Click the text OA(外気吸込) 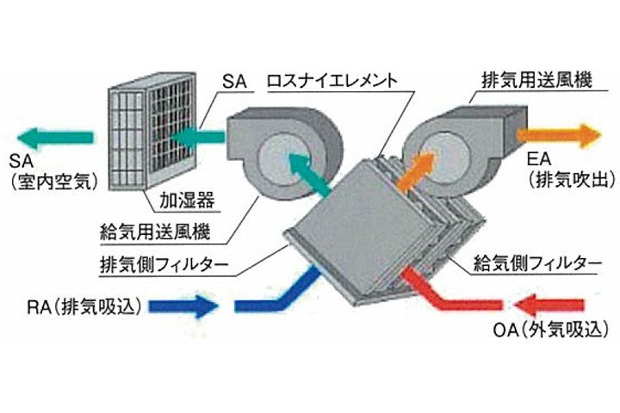pos(556,330)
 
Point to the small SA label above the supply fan pos(232,83)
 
